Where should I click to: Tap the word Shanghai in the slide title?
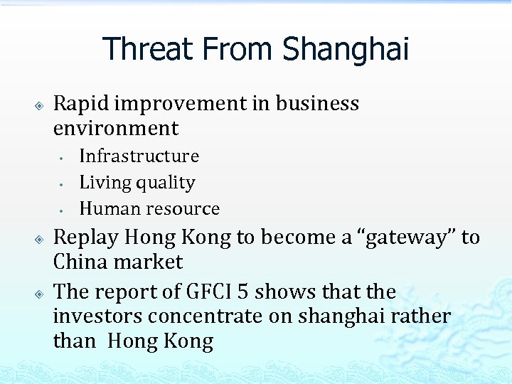[x=346, y=49]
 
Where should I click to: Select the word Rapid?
[x=81, y=103]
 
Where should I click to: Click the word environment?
[x=115, y=129]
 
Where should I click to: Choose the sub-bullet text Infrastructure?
[x=139, y=156]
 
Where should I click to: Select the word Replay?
[x=85, y=237]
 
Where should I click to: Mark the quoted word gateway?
[x=403, y=237]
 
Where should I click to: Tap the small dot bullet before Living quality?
[x=63, y=184]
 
